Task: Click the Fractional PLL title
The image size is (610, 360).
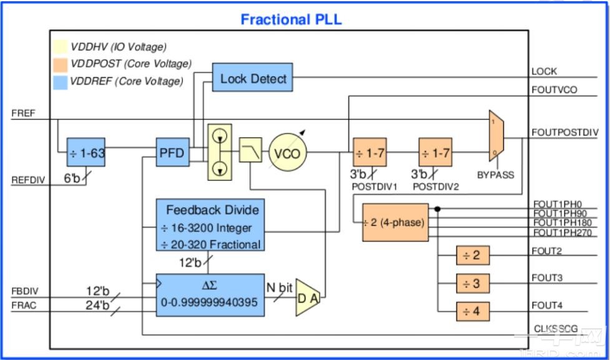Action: pyautogui.click(x=292, y=19)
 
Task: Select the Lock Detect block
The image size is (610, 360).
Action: pyautogui.click(x=252, y=78)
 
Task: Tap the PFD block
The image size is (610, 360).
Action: pyautogui.click(x=172, y=152)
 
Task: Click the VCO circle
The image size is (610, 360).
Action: pyautogui.click(x=288, y=153)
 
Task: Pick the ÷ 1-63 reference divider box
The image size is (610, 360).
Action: pyautogui.click(x=86, y=152)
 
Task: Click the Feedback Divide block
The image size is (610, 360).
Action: pyautogui.click(x=210, y=225)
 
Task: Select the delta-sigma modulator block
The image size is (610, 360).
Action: pyautogui.click(x=210, y=294)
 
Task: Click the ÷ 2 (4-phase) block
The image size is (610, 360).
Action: pyautogui.click(x=395, y=222)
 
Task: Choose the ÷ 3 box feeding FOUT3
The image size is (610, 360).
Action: pyautogui.click(x=472, y=283)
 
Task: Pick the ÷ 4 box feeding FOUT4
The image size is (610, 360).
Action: pyautogui.click(x=472, y=311)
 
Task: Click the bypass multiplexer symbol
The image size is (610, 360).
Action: pyautogui.click(x=496, y=137)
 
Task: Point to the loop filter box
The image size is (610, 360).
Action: pyautogui.click(x=250, y=150)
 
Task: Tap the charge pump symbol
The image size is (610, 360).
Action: pyautogui.click(x=219, y=152)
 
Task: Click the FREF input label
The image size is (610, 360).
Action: pyautogui.click(x=24, y=114)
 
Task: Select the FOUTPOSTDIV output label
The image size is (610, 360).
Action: pyautogui.click(x=564, y=132)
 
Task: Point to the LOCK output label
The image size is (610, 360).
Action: pyautogui.click(x=544, y=71)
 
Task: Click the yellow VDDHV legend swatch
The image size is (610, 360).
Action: pyautogui.click(x=60, y=47)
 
